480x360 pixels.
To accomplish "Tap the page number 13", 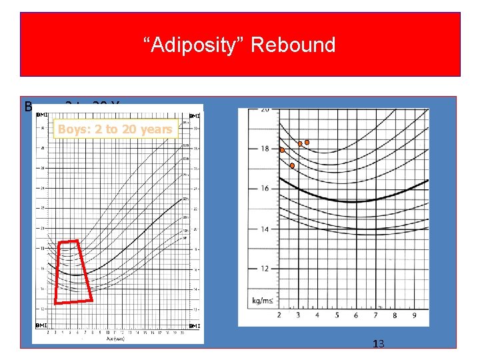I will coord(379,344).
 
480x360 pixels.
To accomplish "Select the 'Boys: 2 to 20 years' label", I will coord(115,129).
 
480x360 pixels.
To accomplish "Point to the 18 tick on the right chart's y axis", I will coord(265,149).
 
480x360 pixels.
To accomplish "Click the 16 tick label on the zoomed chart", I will coord(265,189).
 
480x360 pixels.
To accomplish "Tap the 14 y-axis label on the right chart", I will coord(265,229).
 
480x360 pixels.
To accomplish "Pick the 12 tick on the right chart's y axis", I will coord(265,269).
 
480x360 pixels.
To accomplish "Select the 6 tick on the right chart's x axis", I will coord(356,315).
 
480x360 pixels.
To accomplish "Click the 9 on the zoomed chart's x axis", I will coord(414,315).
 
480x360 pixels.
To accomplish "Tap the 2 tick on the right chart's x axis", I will coord(279,315).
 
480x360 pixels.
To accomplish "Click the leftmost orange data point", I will coord(282,151).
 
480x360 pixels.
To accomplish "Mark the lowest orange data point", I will coord(292,165).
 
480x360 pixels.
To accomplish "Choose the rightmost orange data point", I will coord(307,142).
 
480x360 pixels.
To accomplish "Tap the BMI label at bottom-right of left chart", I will coord(195,326).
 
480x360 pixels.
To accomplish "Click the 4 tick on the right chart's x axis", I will coord(317,315).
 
